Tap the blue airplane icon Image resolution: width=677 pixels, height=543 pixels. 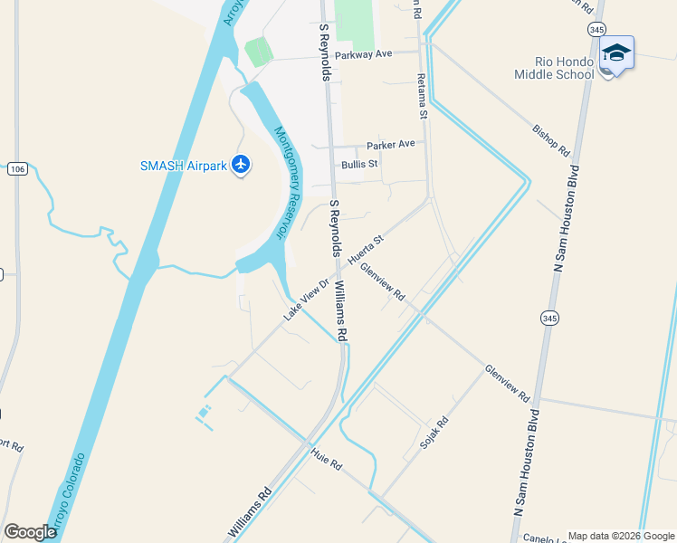(x=240, y=165)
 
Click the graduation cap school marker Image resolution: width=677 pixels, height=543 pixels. (x=616, y=54)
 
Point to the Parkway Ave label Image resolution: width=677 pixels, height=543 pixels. (x=363, y=54)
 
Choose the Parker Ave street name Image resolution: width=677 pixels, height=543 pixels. (x=390, y=145)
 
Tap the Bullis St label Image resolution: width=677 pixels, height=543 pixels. (x=359, y=165)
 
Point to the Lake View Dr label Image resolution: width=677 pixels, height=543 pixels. (x=303, y=298)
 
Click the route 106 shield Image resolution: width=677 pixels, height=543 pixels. (x=17, y=168)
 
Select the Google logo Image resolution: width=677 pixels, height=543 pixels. (x=30, y=532)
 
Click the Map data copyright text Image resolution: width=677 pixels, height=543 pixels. (x=620, y=536)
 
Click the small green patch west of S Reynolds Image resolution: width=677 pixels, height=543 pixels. (x=258, y=52)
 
